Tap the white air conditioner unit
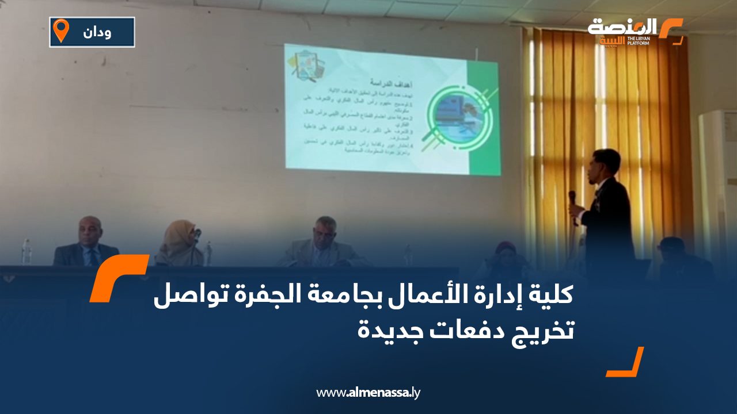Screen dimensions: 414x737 click(x=717, y=172)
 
